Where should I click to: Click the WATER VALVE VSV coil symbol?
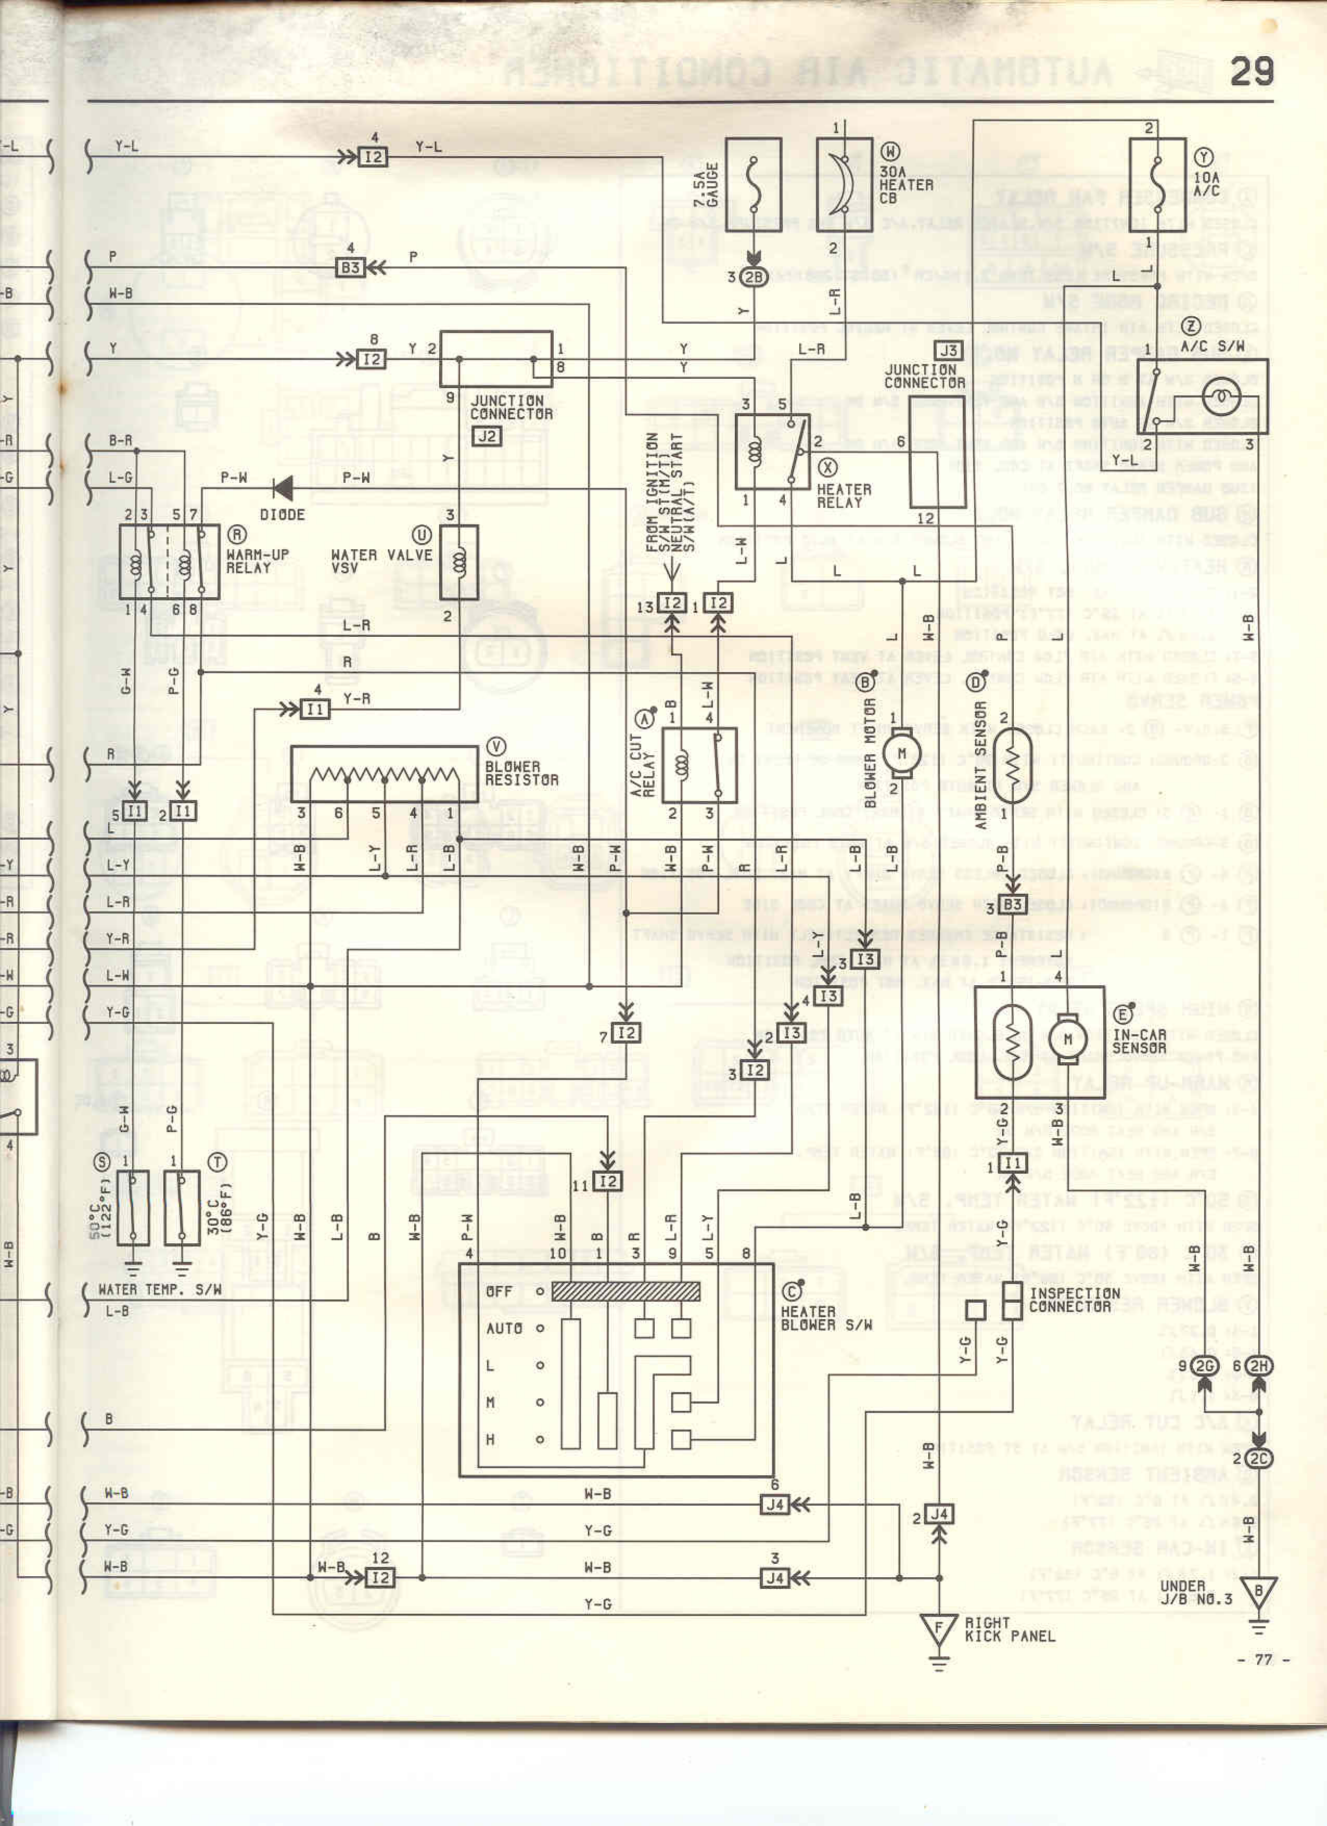pos(459,562)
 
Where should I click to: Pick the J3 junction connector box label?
pos(949,350)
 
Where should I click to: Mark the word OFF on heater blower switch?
pos(499,1291)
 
